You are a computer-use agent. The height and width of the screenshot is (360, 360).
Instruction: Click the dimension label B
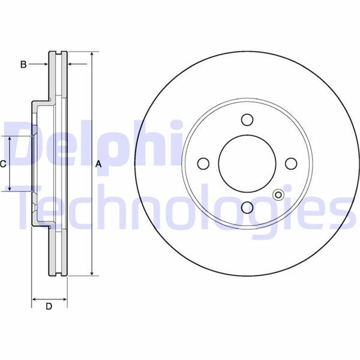(23, 64)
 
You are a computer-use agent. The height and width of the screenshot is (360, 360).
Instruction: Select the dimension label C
(3, 163)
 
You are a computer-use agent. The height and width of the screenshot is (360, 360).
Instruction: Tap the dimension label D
(49, 307)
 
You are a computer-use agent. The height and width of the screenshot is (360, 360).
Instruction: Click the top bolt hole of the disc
(247, 119)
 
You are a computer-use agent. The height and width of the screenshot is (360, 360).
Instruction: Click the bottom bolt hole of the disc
(247, 208)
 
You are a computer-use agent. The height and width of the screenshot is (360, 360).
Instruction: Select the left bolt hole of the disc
(203, 163)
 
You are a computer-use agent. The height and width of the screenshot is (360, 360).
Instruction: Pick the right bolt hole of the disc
(291, 163)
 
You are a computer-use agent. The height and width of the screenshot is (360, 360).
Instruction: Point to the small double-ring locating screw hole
(278, 194)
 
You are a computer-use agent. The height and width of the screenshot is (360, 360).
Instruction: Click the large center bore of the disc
(247, 163)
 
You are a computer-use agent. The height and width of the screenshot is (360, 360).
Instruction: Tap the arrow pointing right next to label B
(44, 64)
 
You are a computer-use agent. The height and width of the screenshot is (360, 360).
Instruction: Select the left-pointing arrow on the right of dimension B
(71, 64)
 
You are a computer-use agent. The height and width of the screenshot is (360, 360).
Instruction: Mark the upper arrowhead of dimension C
(10, 140)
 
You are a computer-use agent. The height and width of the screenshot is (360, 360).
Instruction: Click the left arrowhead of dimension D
(34, 298)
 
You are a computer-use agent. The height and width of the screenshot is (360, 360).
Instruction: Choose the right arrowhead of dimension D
(64, 298)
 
